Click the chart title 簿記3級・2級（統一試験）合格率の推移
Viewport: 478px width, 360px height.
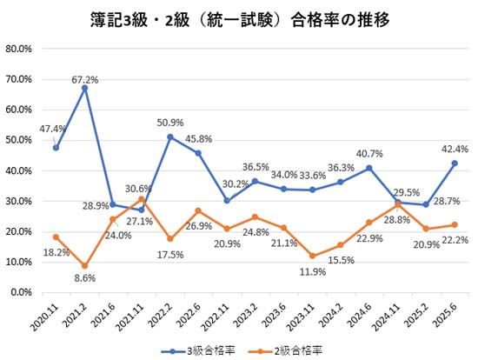click(x=239, y=17)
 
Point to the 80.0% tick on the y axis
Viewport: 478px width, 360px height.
click(x=18, y=49)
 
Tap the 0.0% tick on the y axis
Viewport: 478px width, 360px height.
click(x=21, y=292)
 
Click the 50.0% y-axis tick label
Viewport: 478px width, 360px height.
click(x=18, y=140)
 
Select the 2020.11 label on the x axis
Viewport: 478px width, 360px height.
click(x=45, y=314)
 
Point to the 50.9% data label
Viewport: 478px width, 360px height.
click(x=170, y=123)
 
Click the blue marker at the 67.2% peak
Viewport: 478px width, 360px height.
click(x=84, y=88)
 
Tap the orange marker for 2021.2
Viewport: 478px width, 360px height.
click(x=84, y=266)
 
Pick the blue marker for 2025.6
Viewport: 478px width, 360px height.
click(x=454, y=163)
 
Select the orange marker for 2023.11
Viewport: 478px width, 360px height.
click(x=312, y=256)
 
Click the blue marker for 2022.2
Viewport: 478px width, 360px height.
click(x=169, y=137)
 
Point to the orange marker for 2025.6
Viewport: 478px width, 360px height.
click(x=454, y=224)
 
